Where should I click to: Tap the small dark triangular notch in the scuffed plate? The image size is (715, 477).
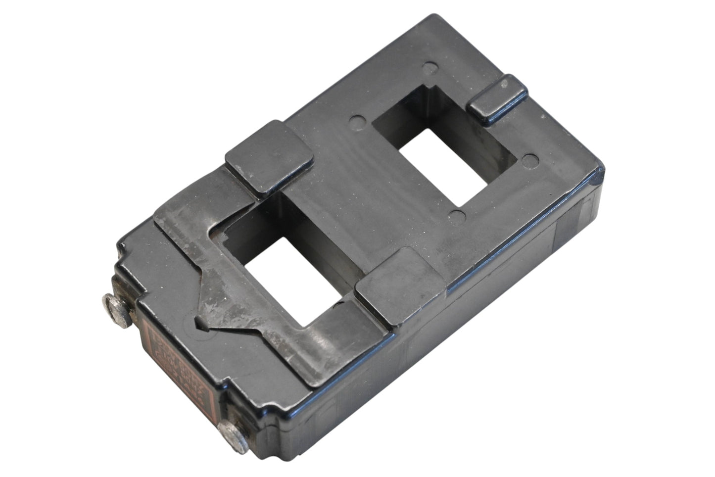point(204,324)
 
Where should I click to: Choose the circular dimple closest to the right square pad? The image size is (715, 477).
point(458,215)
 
